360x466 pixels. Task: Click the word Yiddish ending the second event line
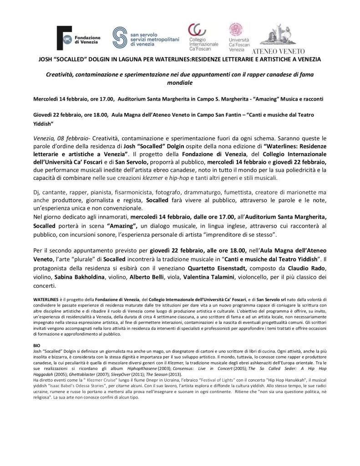[44, 123]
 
